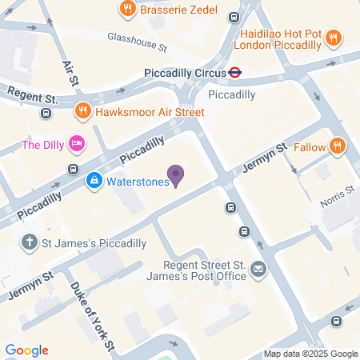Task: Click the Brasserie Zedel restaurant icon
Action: (126, 10)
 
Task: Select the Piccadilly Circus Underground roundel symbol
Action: (235, 72)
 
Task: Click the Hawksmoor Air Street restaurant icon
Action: (82, 111)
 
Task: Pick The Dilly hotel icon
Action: (77, 144)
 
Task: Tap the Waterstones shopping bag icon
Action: (94, 181)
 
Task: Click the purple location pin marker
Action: (176, 174)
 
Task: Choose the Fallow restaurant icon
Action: (338, 146)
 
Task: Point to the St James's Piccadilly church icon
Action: (30, 241)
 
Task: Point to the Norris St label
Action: (337, 190)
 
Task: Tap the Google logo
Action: (26, 350)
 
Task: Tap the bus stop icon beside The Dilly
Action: (73, 169)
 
